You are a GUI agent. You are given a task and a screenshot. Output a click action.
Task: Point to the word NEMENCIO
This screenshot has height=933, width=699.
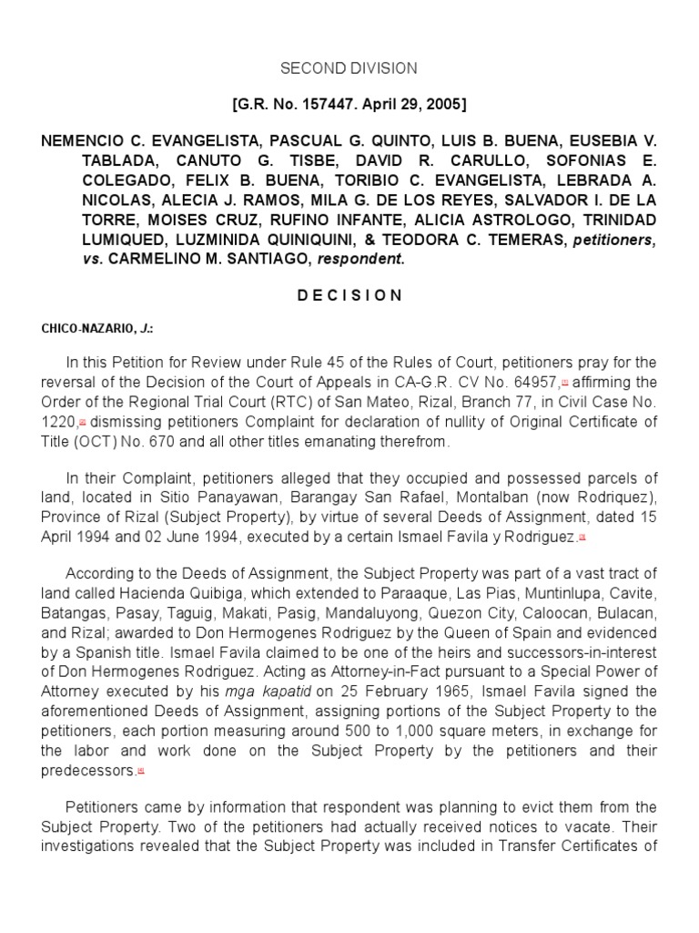[87, 143]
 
